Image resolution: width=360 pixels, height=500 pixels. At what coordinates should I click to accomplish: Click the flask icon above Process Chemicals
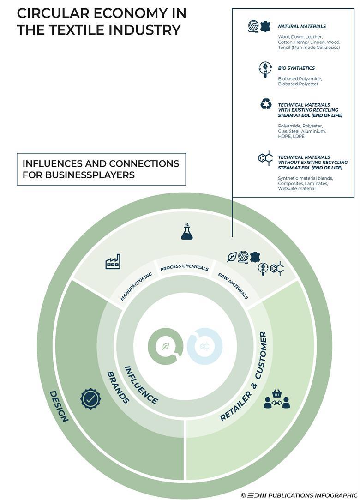186,232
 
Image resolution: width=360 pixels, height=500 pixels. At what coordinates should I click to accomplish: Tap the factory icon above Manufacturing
113,261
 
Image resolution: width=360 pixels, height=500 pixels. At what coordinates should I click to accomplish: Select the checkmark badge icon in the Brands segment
90,398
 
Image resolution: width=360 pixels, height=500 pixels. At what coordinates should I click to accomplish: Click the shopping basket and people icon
277,399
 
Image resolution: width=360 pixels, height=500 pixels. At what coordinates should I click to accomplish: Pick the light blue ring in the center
205,346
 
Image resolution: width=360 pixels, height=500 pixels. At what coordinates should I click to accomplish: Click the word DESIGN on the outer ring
59,406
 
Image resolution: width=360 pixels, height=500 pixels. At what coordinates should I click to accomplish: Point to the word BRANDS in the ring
118,387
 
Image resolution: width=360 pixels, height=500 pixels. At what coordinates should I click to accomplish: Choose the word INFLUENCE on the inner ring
141,385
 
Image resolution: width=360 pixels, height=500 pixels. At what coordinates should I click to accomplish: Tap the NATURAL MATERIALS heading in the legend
302,27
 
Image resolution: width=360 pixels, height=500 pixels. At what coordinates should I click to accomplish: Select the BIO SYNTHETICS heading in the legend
296,68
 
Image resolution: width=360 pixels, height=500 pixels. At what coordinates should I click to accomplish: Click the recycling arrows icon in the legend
266,104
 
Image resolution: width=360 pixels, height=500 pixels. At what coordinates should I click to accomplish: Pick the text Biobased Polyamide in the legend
300,79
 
